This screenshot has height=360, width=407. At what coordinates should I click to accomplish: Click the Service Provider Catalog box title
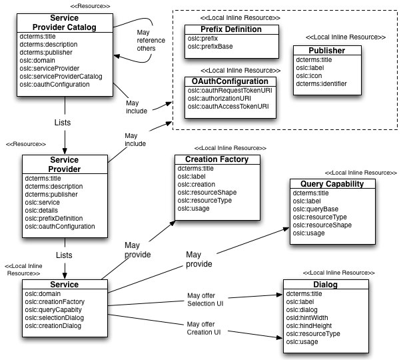[64, 23]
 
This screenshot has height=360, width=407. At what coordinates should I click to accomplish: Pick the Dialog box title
[325, 285]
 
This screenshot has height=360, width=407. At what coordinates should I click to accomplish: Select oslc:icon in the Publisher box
[310, 75]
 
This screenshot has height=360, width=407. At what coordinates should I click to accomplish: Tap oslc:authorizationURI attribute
[219, 98]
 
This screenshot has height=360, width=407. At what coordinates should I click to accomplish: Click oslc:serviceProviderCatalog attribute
[64, 77]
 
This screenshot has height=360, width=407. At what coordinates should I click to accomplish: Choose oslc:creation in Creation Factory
[197, 185]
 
